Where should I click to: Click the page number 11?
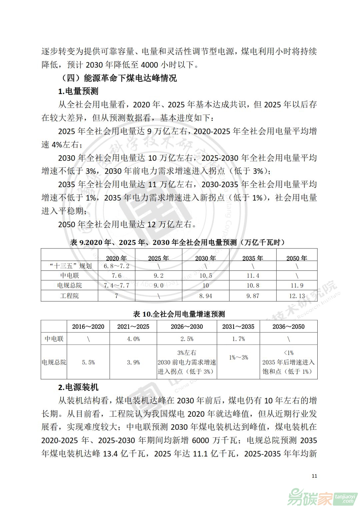pyautogui.click(x=314, y=476)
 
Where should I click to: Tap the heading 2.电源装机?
pyautogui.click(x=78, y=387)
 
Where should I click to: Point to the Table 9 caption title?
pyautogui.click(x=178, y=242)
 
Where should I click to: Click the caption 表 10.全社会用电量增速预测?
pyautogui.click(x=179, y=314)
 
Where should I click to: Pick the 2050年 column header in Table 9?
pyautogui.click(x=297, y=258)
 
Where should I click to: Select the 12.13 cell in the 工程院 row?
pyautogui.click(x=297, y=296)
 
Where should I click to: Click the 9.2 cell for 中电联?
pyautogui.click(x=158, y=275)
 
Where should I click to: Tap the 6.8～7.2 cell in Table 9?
pyautogui.click(x=116, y=266)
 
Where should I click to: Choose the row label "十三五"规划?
pyautogui.click(x=70, y=266)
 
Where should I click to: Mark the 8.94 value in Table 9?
pyautogui.click(x=206, y=296)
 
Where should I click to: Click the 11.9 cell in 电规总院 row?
pyautogui.click(x=297, y=285)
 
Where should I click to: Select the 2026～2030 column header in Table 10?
pyautogui.click(x=187, y=326)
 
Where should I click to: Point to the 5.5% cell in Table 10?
pyautogui.click(x=88, y=362)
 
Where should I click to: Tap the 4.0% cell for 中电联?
pyautogui.click(x=133, y=339)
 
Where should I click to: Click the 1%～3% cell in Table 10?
pyautogui.click(x=238, y=357)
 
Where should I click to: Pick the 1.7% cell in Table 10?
pyautogui.click(x=238, y=339)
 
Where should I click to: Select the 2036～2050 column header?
pyautogui.click(x=288, y=326)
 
